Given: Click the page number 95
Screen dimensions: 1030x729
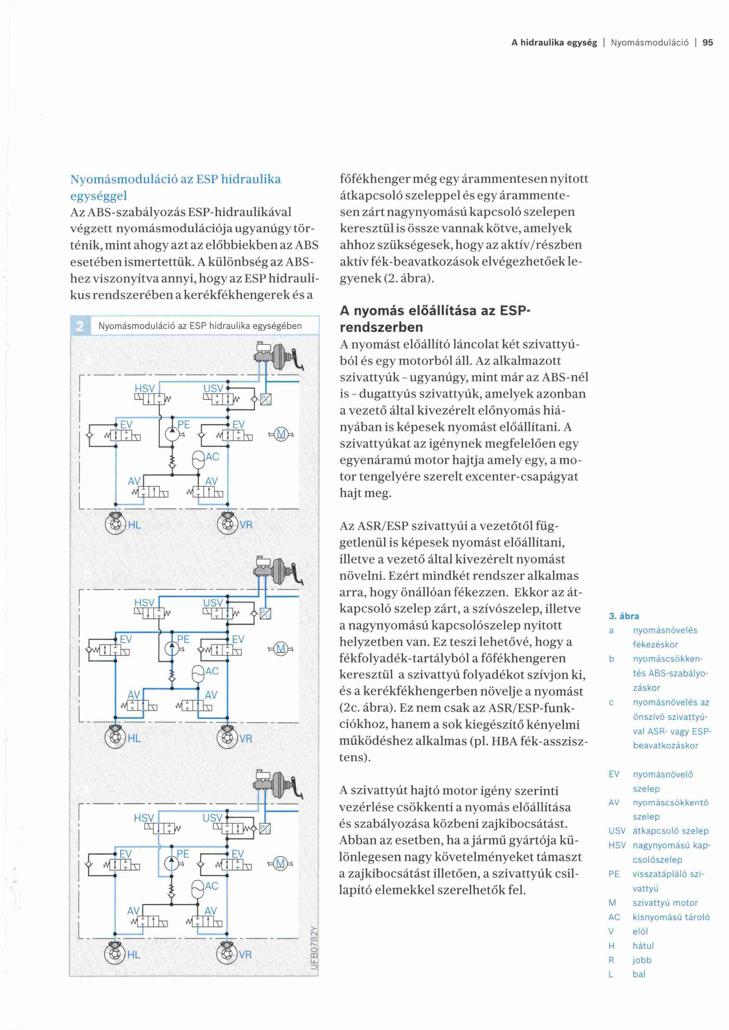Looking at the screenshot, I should pyautogui.click(x=708, y=43).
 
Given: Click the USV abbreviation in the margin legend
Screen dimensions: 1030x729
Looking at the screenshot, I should pyautogui.click(x=617, y=831).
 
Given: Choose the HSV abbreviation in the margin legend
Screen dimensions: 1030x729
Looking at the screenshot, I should pyautogui.click(x=617, y=845).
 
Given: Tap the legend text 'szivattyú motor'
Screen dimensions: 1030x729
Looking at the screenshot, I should pyautogui.click(x=665, y=903).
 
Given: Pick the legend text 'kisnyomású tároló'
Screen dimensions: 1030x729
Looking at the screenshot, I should pyautogui.click(x=671, y=917).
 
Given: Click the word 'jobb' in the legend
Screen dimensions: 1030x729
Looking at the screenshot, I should pyautogui.click(x=642, y=960).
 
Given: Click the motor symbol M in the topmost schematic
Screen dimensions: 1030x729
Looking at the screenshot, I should pyautogui.click(x=281, y=434).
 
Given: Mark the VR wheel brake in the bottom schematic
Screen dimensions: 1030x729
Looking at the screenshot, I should pyautogui.click(x=227, y=954).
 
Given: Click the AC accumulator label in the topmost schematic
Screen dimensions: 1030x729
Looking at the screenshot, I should pyautogui.click(x=212, y=457).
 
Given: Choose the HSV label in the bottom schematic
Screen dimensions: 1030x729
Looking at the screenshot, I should pyautogui.click(x=144, y=818).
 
